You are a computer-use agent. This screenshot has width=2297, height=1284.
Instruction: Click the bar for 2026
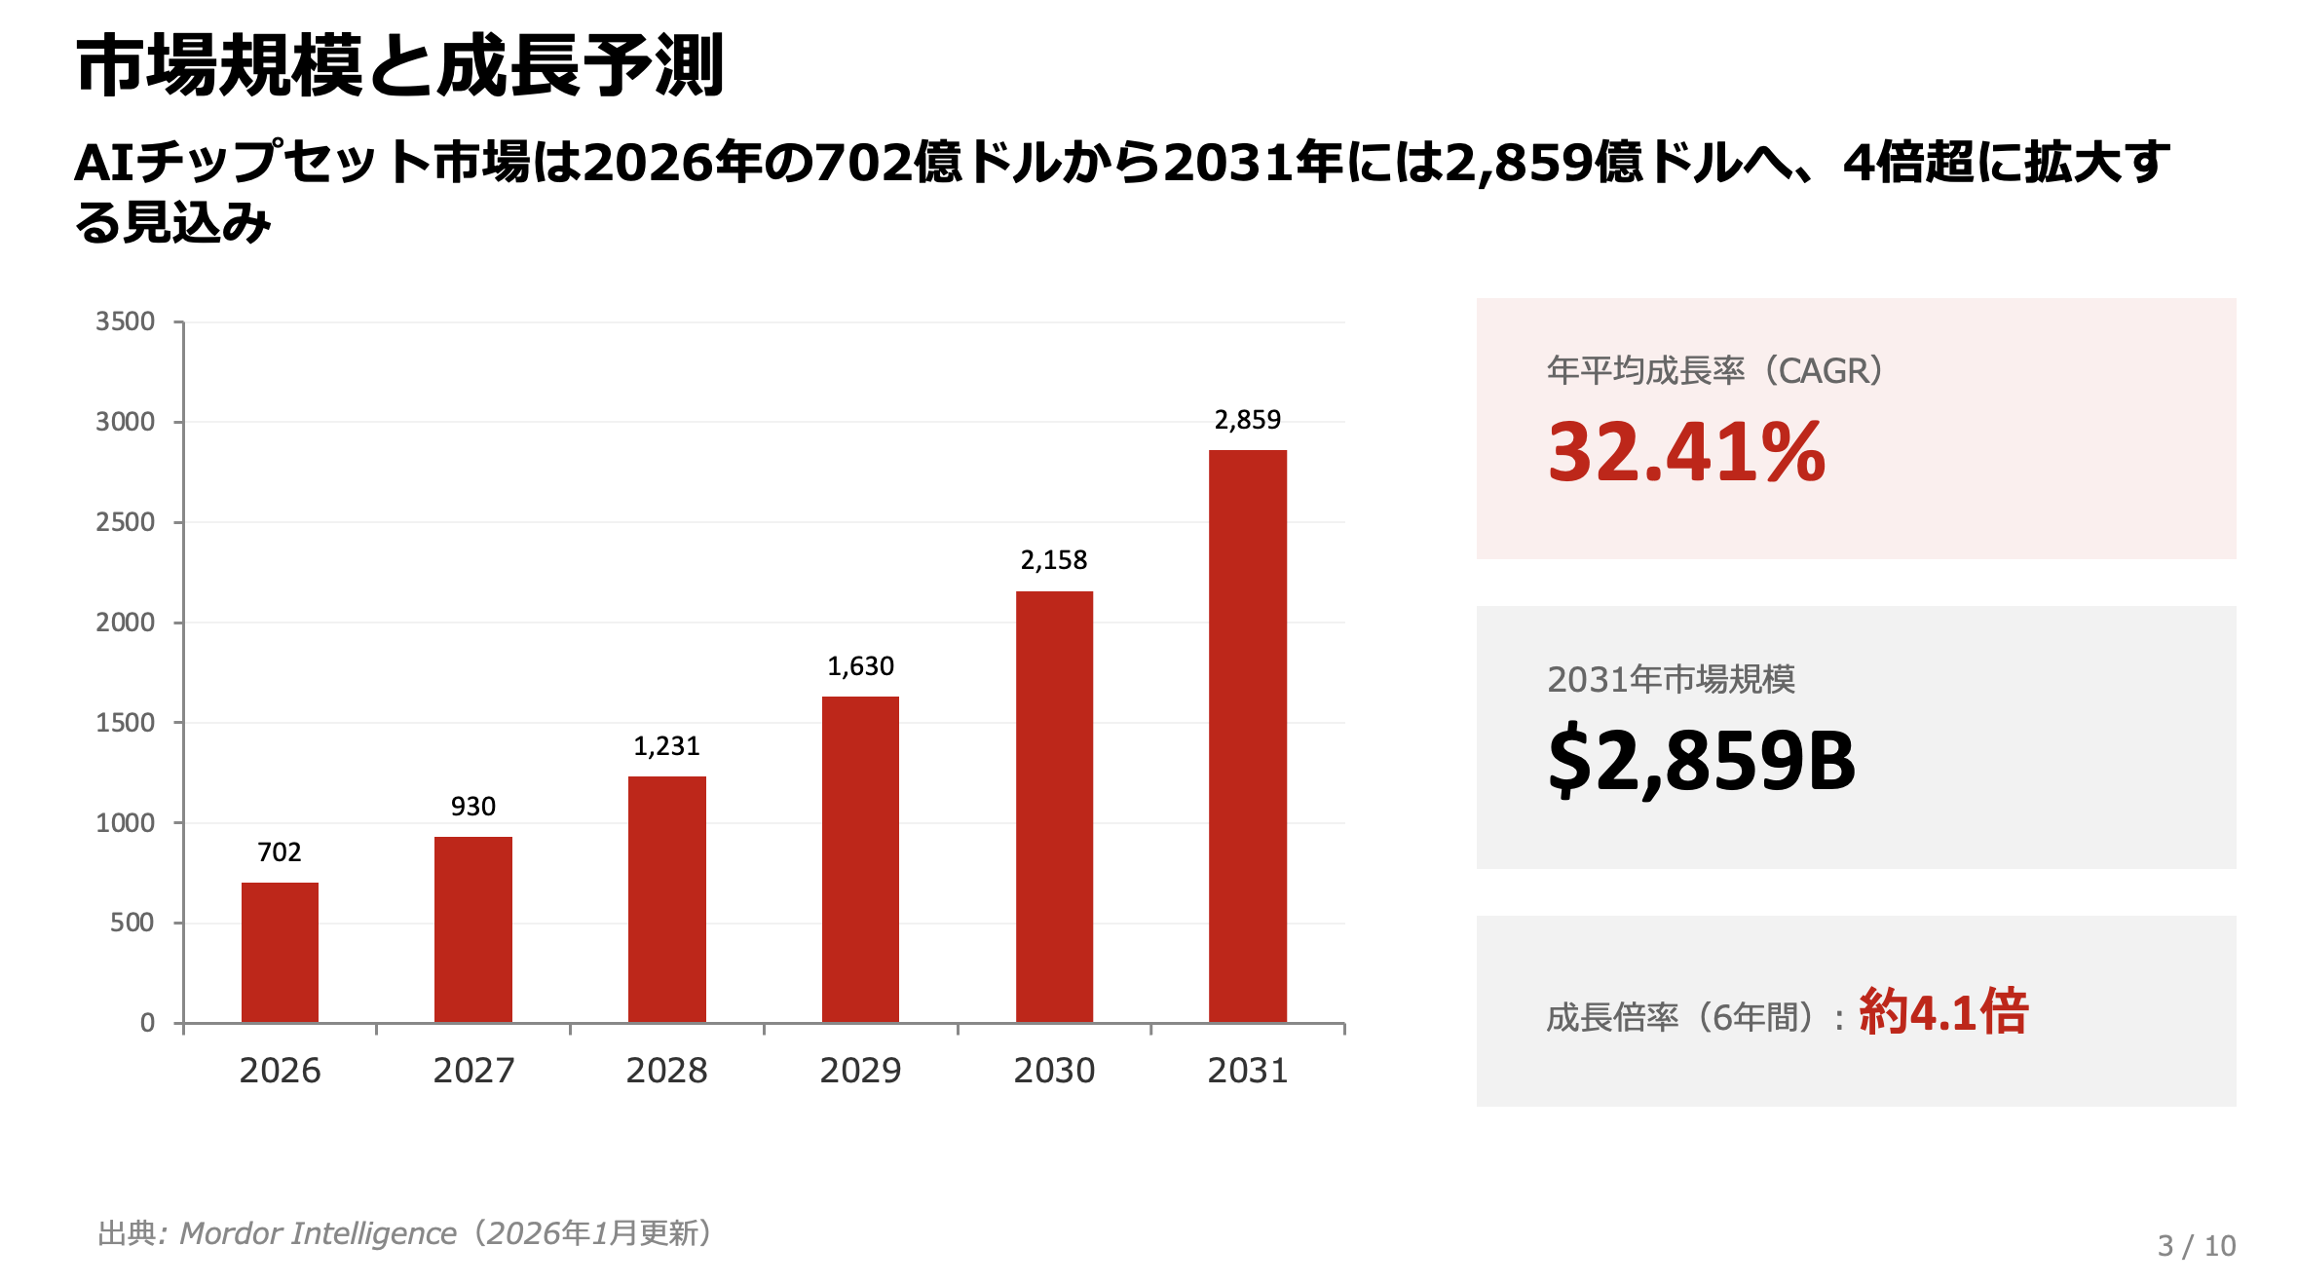(x=280, y=952)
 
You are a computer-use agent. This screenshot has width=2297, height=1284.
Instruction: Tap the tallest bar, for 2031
(x=1247, y=736)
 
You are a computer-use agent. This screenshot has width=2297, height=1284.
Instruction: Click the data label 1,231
(x=666, y=746)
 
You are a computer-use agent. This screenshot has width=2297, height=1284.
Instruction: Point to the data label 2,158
(x=1053, y=560)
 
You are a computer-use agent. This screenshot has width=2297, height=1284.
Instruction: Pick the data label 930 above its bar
(x=472, y=807)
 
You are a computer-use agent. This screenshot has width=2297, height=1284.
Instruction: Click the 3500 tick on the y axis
(x=126, y=321)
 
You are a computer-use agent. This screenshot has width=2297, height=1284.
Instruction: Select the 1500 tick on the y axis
(x=126, y=723)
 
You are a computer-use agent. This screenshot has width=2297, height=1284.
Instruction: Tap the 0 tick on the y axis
(x=147, y=1023)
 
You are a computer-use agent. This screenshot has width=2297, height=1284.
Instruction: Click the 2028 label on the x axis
(x=666, y=1071)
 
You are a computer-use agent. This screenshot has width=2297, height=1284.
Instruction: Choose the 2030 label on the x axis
(x=1054, y=1071)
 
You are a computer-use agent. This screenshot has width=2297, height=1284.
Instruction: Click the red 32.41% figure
(x=1686, y=452)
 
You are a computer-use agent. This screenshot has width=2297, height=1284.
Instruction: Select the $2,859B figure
(x=1701, y=761)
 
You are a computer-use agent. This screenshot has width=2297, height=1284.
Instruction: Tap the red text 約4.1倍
(x=1943, y=1011)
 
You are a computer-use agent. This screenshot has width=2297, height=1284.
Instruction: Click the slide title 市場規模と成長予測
(x=399, y=66)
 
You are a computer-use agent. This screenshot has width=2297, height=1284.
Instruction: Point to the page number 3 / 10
(x=2196, y=1246)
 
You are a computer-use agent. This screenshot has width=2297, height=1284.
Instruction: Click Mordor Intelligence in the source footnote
(x=319, y=1233)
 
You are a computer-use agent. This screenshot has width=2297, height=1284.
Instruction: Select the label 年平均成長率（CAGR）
(x=1714, y=371)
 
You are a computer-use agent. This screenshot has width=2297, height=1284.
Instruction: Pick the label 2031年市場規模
(x=1671, y=679)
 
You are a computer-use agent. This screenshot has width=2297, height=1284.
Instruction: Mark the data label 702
(x=280, y=852)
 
